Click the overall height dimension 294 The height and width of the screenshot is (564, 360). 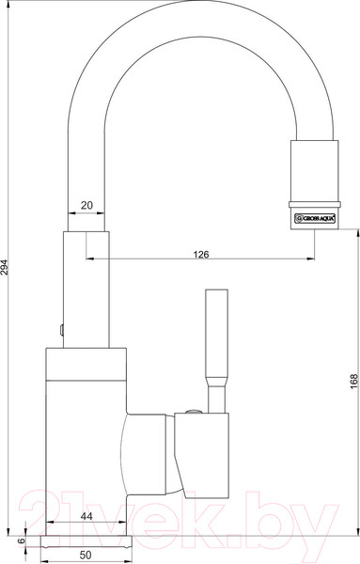point(9,269)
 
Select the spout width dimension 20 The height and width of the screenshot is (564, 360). point(86,204)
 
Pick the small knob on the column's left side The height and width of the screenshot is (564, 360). point(59,329)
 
